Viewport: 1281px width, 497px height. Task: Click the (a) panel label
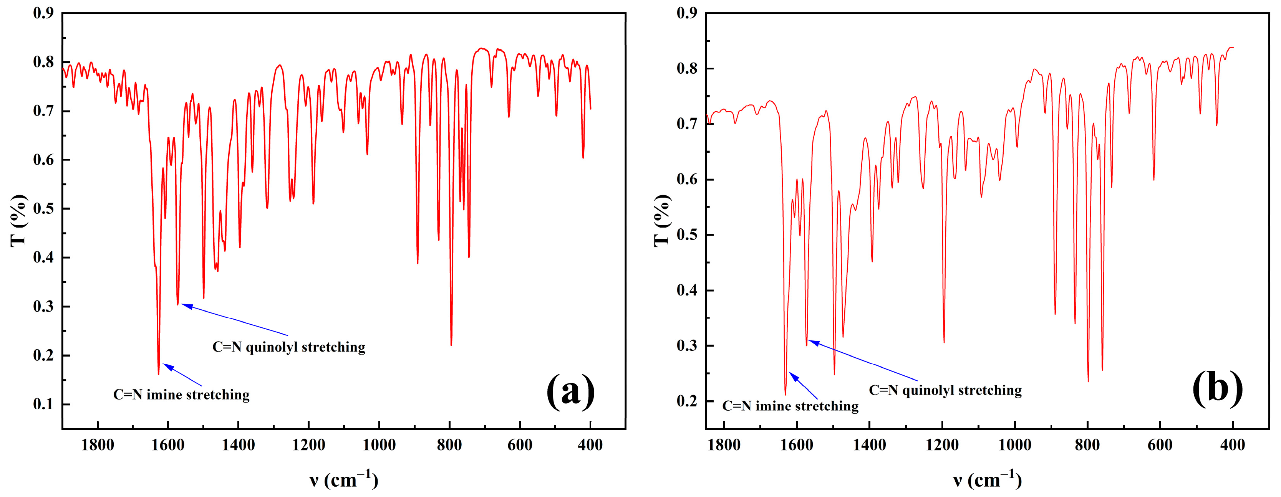(570, 391)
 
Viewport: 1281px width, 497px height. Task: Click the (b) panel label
(1217, 388)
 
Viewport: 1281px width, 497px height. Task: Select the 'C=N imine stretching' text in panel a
(182, 395)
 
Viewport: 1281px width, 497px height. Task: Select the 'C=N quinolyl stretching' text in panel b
(945, 390)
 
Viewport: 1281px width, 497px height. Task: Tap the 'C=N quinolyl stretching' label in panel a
(288, 347)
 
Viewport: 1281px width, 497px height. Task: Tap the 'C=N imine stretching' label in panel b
(790, 406)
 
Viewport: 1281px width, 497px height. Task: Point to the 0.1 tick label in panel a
(43, 404)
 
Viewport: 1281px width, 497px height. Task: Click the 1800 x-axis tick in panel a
(98, 444)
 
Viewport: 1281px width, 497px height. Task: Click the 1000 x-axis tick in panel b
(1014, 444)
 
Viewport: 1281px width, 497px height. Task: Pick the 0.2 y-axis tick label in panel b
(687, 401)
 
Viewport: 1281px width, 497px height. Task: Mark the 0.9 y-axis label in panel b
(687, 13)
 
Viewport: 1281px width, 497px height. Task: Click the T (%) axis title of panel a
(18, 220)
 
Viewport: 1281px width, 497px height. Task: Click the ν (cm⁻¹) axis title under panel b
(987, 480)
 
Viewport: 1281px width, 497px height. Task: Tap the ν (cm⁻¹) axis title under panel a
(343, 480)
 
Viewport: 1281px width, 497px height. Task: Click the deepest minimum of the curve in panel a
(159, 373)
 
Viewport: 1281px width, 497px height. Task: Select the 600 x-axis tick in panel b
(1160, 444)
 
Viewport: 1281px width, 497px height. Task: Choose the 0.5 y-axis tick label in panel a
(43, 209)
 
